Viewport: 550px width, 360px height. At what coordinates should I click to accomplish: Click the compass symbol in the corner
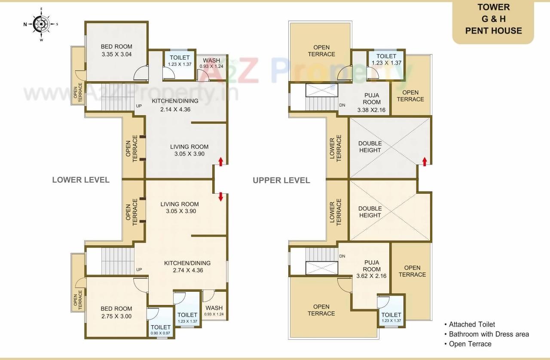pos(41,24)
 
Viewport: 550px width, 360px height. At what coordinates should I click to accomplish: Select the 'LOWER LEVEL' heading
pos(81,180)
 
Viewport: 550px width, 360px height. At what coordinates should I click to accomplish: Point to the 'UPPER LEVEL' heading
pos(281,180)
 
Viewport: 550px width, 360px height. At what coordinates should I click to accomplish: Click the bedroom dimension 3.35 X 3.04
pos(116,55)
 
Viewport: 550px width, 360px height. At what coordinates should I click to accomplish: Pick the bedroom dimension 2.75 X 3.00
pos(116,316)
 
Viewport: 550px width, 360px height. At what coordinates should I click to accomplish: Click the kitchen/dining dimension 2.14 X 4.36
pos(175,109)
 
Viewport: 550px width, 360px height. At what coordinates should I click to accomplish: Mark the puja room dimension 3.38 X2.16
pos(371,110)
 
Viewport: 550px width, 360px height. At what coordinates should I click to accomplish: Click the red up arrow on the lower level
pos(221,162)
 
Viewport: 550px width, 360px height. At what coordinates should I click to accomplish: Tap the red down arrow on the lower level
pos(221,197)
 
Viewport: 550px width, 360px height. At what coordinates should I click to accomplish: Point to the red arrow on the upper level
pos(425,162)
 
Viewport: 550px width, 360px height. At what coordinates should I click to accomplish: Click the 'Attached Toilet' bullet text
pos(472,325)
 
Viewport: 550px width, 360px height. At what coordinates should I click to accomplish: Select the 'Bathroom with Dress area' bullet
pos(489,334)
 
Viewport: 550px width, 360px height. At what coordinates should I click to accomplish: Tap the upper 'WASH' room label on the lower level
pos(211,61)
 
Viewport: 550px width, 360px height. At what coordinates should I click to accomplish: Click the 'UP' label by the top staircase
pos(139,106)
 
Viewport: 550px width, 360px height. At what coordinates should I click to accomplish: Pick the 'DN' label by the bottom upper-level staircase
pos(342,256)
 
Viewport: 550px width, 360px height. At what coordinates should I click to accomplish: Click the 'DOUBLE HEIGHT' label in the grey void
pos(370,147)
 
